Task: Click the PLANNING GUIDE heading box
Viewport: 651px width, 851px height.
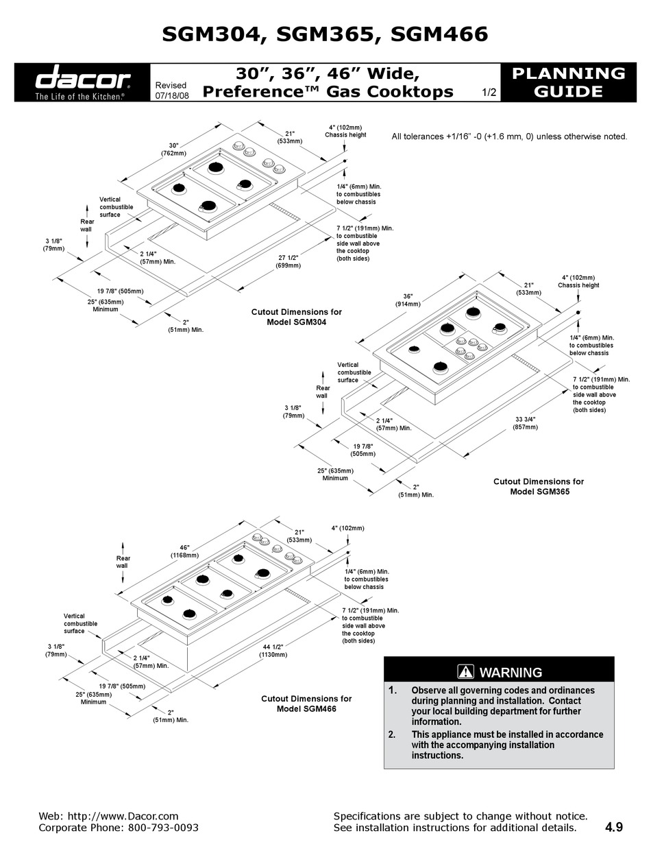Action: (568, 82)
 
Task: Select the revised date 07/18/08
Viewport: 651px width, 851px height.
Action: (172, 97)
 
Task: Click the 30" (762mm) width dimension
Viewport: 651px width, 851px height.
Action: (170, 149)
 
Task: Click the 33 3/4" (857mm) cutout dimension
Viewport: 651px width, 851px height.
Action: (526, 422)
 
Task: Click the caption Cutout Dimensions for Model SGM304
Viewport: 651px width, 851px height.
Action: (296, 317)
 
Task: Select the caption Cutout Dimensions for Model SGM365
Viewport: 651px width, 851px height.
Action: (539, 486)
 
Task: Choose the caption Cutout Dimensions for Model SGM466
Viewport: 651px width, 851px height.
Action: (306, 704)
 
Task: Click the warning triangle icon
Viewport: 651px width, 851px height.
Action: (466, 672)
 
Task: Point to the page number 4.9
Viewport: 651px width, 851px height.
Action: (614, 828)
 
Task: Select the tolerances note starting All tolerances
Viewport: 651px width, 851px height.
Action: (509, 136)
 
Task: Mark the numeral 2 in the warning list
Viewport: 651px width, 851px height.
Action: (392, 734)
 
